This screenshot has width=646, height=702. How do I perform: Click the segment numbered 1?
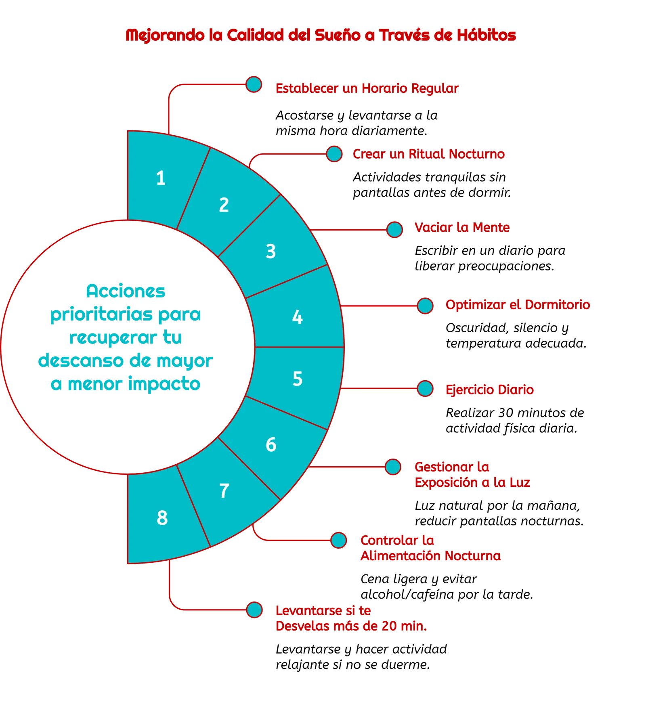pos(161,178)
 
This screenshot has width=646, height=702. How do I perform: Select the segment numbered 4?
pos(297,317)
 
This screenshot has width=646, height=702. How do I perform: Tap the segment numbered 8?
pos(162,518)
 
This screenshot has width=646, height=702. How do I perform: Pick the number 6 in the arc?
pos(271,444)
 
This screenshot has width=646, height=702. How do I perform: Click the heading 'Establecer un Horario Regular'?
pos(367,88)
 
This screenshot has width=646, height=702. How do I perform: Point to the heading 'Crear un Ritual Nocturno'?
pos(428,154)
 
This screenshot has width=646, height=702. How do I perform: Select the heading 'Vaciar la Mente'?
pos(462,228)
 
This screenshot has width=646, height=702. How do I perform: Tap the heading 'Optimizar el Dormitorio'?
pos(518,304)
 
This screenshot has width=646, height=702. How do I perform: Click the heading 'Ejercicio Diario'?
pos(490,390)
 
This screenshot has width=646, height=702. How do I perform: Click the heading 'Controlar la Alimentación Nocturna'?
pos(430,548)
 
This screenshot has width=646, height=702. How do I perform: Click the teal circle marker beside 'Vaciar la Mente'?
pos(394,229)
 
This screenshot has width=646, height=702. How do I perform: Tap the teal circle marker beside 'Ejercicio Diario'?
pos(425,389)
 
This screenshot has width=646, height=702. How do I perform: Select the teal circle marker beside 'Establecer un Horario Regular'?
pos(254,84)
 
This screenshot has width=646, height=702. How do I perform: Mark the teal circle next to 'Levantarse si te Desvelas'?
pos(254,610)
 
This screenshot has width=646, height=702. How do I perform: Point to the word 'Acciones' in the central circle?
pos(126,291)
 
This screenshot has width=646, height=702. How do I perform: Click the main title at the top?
pos(321,35)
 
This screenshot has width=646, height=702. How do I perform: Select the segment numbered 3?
pos(271,251)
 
